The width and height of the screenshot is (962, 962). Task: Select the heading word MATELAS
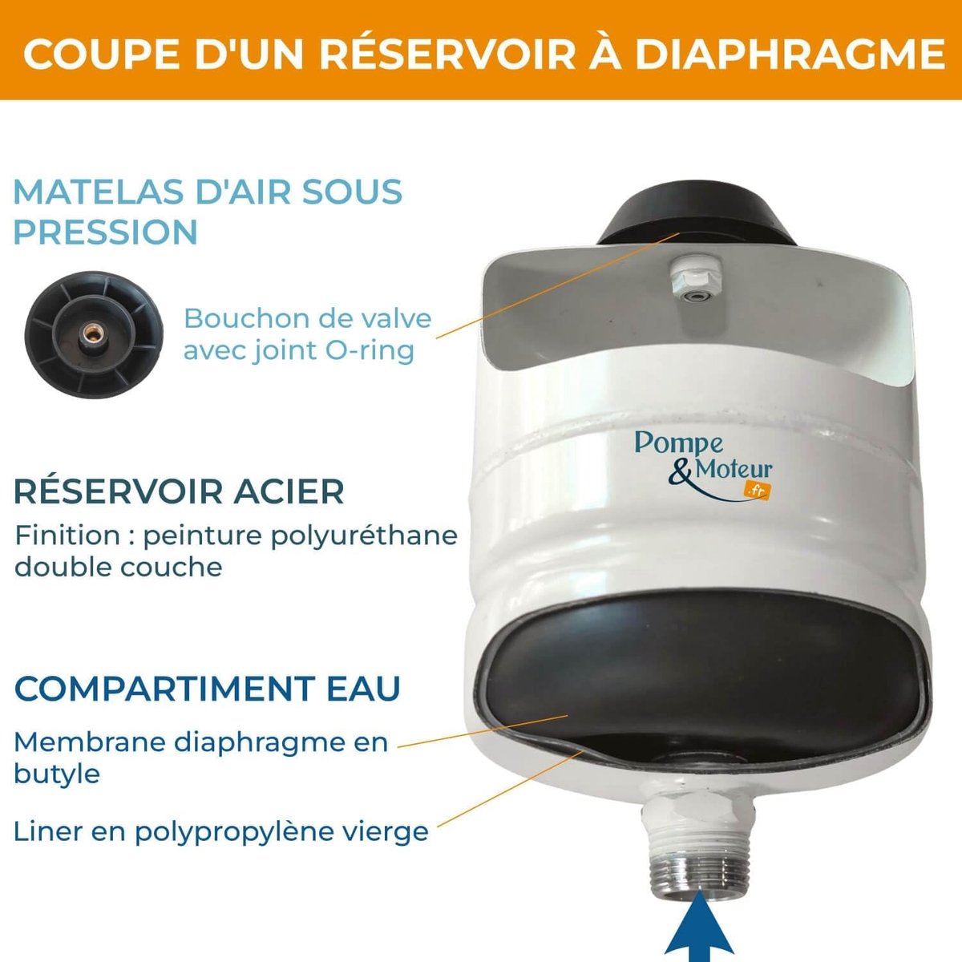pos(97,192)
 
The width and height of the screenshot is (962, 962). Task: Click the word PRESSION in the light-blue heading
pos(106,232)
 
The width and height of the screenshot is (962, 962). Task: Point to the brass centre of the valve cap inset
pos(92,333)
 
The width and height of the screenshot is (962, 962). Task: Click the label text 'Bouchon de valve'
pos(308,318)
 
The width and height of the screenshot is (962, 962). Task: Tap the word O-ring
pos(370,350)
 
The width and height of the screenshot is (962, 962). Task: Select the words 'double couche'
pos(119,567)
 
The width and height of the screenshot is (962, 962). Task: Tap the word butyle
pos(57,774)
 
